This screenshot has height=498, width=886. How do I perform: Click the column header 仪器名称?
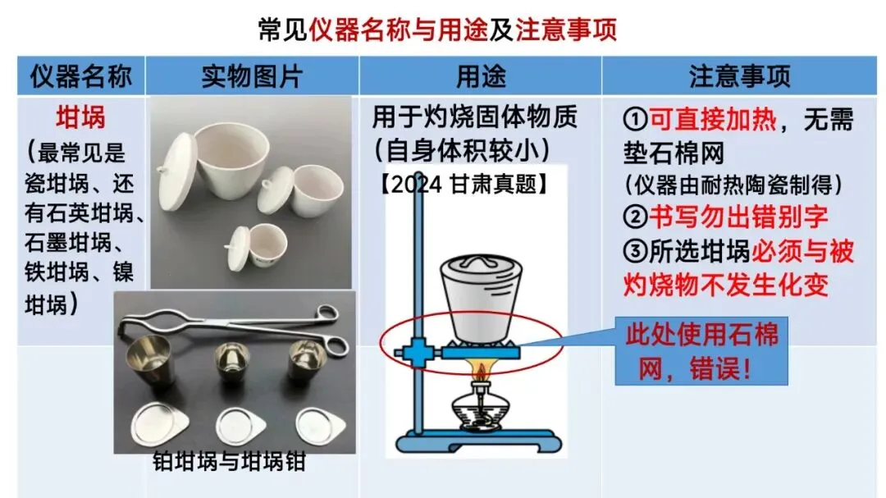(x=80, y=76)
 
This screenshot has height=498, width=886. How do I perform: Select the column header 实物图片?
(x=252, y=76)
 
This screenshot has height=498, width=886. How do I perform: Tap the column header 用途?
(x=481, y=76)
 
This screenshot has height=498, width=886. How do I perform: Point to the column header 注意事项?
(x=740, y=76)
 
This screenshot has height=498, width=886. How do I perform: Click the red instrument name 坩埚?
(x=80, y=117)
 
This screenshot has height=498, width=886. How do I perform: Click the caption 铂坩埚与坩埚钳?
(x=229, y=462)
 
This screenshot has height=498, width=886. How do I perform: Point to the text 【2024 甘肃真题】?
(x=464, y=184)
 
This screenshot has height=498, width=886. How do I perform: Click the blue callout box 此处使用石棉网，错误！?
(x=701, y=351)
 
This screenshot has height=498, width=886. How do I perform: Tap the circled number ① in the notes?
(x=635, y=119)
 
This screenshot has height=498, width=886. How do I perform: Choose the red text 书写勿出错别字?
(x=738, y=217)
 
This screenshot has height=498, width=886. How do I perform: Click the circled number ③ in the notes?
(x=635, y=251)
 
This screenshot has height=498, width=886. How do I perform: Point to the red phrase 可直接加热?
(x=713, y=119)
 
